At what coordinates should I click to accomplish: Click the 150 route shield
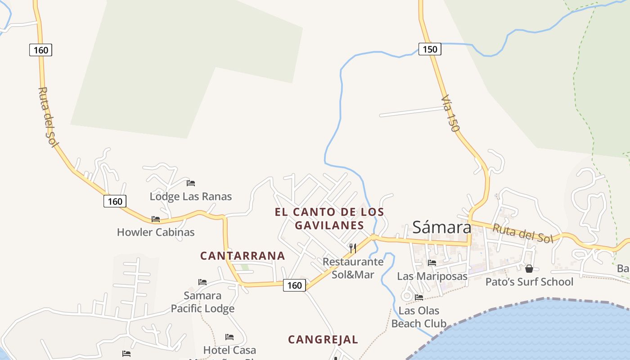point(430,49)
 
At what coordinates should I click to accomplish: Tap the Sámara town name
point(442,227)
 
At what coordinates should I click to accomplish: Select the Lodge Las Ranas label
point(191,197)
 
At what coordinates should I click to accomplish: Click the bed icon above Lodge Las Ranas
point(191,183)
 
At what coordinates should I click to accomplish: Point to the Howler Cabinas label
point(156,232)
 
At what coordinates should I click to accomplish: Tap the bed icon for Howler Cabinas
point(156,219)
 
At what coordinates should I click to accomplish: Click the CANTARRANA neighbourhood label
point(243,256)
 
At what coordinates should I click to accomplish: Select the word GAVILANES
point(329,225)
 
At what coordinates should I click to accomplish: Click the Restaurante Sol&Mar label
point(353,268)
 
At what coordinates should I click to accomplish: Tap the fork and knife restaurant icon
point(353,248)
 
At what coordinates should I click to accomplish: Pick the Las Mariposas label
point(432,276)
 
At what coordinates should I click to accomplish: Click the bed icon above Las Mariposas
point(432,263)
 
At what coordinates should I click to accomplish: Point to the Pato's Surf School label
point(529,282)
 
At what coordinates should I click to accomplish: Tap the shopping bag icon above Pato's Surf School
point(529,269)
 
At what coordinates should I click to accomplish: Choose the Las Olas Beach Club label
point(419,317)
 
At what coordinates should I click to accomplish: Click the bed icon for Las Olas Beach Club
point(419,297)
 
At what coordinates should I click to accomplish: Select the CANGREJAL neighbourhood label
point(323,340)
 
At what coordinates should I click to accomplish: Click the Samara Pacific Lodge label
point(202,302)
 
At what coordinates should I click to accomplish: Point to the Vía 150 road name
point(451,113)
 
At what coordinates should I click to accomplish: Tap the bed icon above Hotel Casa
point(229,337)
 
